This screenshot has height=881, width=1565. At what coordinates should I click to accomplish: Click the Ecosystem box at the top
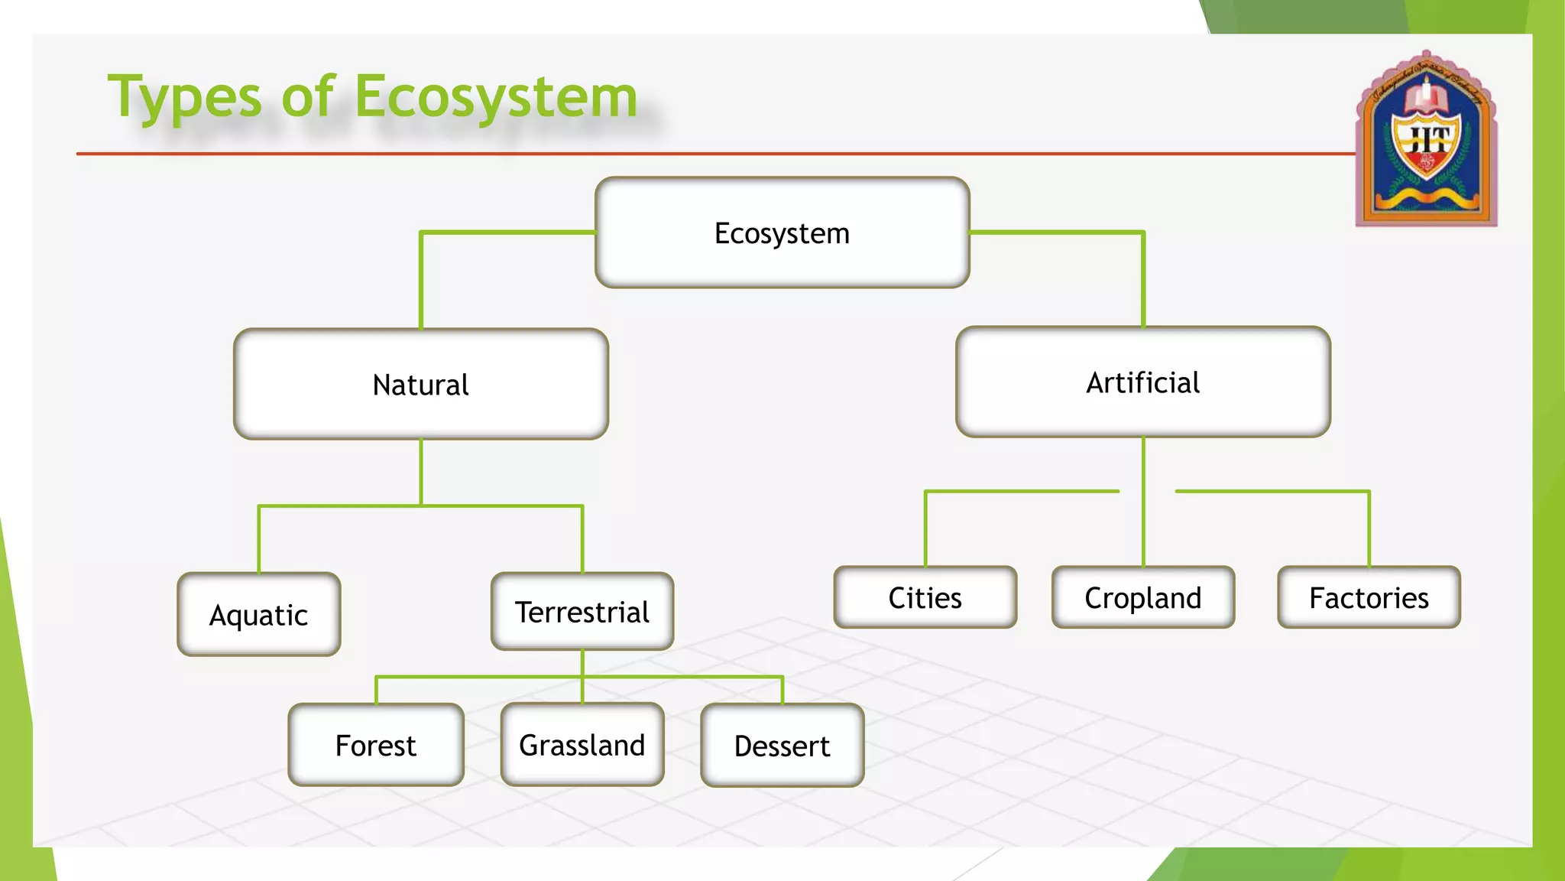[x=782, y=232]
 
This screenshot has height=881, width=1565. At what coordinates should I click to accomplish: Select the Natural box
[x=420, y=384]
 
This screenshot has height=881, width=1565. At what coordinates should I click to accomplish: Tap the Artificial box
[x=1142, y=382]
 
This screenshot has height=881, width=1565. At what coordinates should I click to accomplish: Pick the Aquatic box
[x=258, y=614]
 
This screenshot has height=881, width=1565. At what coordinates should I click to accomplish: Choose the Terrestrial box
[x=582, y=612]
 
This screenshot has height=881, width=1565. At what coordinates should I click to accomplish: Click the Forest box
[x=375, y=745]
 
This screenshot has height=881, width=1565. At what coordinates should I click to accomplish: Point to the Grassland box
[x=582, y=745]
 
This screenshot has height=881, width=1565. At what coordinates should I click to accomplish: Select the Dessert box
[x=782, y=746]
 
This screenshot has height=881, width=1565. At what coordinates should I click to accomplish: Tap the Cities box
[x=925, y=597]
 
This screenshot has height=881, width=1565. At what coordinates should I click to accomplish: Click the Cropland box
[x=1142, y=597]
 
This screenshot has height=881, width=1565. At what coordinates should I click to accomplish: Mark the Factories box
[x=1369, y=597]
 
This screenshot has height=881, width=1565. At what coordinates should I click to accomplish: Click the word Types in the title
[x=186, y=97]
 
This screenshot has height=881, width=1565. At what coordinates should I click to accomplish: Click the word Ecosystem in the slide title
[x=497, y=97]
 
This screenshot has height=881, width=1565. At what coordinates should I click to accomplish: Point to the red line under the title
[x=688, y=154]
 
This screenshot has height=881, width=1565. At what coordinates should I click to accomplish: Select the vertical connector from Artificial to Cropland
[x=1143, y=501]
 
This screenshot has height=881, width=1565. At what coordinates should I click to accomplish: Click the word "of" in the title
[x=307, y=97]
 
